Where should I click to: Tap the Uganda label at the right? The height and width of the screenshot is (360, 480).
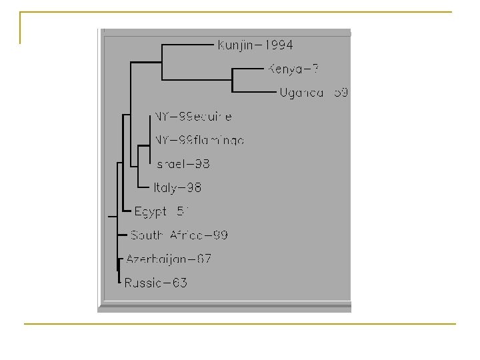(313, 92)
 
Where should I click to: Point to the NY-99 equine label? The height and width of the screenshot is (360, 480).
(193, 117)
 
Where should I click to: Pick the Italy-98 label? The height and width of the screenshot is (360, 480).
(177, 187)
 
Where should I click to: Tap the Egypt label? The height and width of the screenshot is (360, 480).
(162, 211)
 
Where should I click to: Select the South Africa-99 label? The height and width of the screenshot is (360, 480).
(179, 235)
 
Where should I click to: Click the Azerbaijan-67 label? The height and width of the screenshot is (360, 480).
(169, 259)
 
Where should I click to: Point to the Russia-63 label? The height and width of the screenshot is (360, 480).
(155, 283)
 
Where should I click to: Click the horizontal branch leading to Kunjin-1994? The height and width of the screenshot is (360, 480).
(188, 45)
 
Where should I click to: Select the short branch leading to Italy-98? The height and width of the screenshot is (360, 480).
(143, 187)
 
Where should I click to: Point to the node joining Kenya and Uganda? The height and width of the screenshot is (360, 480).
(231, 80)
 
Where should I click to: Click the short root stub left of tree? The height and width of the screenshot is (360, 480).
(112, 216)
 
